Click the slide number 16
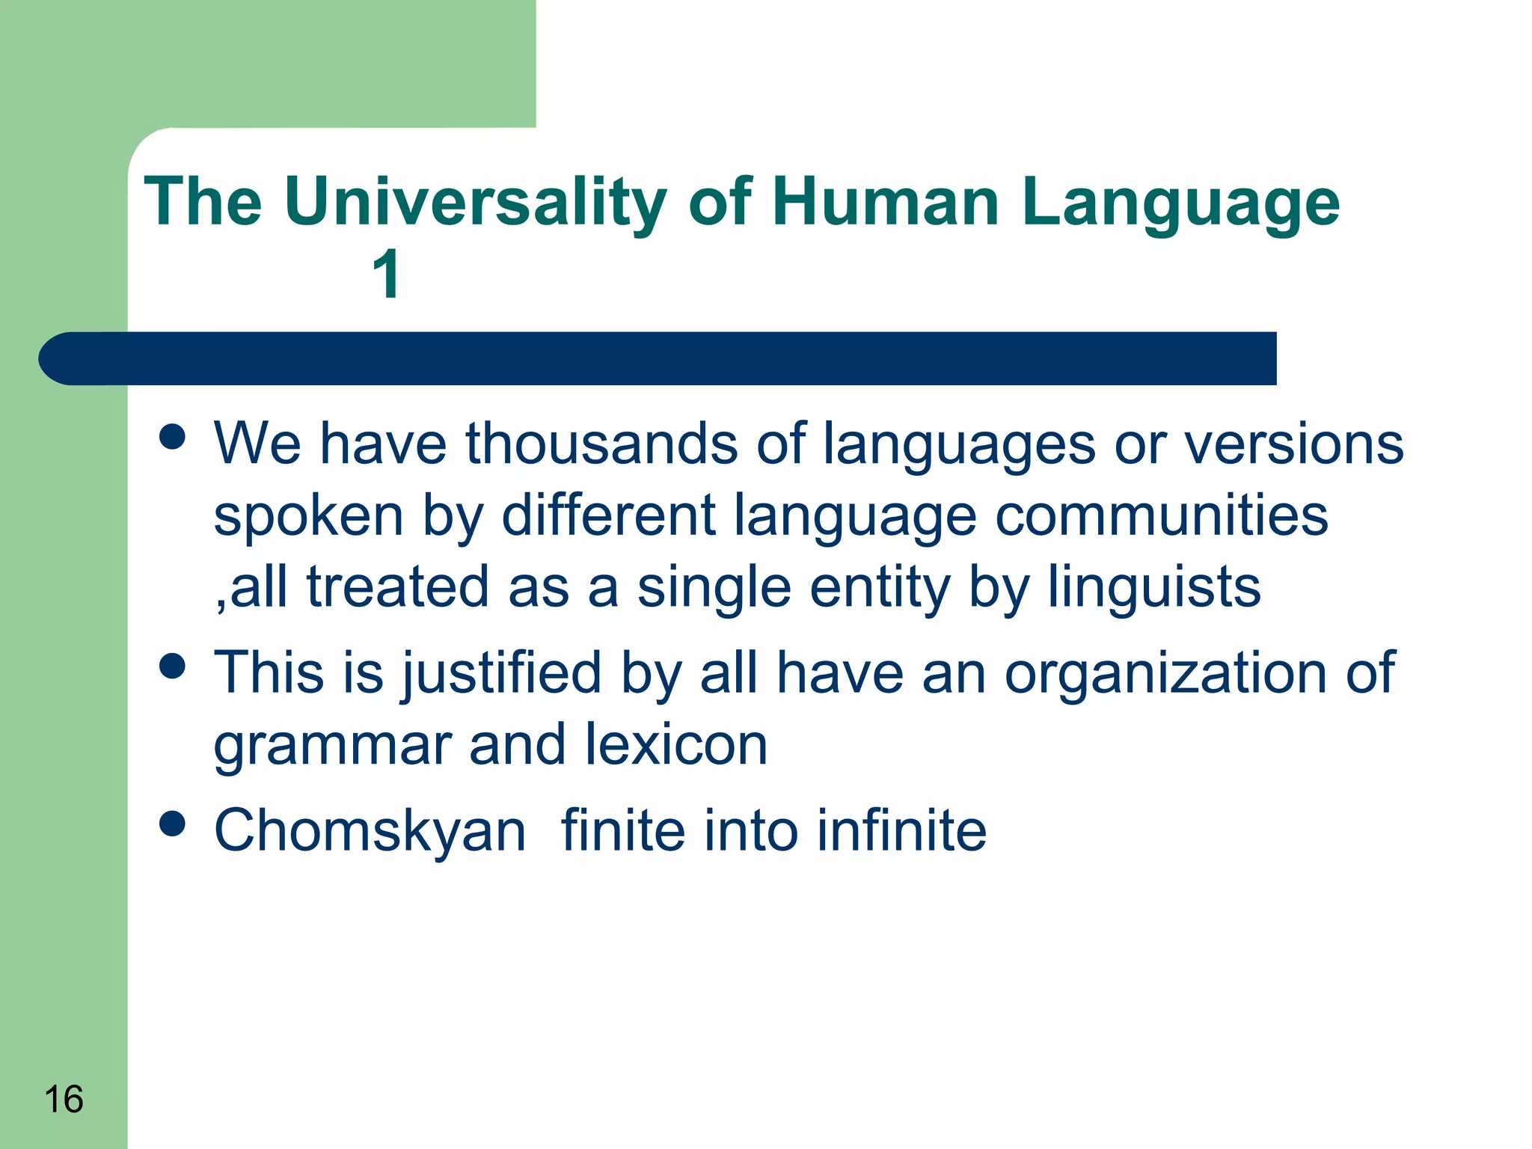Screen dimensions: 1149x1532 pos(64,1100)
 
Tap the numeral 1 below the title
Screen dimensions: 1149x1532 pos(387,275)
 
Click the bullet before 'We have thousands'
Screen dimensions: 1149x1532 pos(173,436)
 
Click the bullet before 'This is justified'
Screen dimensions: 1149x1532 pos(173,665)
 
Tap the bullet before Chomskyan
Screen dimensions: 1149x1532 pos(173,824)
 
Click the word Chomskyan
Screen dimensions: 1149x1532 pos(370,830)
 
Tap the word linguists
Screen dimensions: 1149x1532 pos(1153,587)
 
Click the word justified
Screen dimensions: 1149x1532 pos(501,672)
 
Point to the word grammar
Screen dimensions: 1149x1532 pos(332,747)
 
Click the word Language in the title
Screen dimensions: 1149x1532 pos(1180,203)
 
